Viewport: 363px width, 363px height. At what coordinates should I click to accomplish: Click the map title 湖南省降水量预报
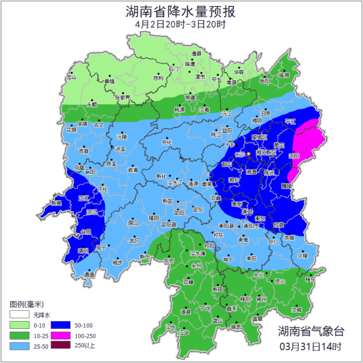[x=181, y=11]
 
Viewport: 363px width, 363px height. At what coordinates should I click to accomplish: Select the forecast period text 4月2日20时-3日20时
[x=181, y=25]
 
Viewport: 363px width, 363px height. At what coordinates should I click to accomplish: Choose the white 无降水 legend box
[x=20, y=314]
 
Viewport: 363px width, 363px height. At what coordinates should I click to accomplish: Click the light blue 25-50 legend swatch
[x=20, y=346]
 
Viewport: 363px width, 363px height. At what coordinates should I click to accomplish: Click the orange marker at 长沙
[x=249, y=154]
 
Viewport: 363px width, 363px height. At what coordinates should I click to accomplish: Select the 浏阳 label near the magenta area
[x=294, y=155]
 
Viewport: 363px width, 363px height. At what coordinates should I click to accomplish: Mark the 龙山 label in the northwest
[x=71, y=77]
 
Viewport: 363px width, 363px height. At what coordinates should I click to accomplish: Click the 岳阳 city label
[x=265, y=81]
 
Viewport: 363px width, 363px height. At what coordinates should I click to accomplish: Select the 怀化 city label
[x=103, y=189]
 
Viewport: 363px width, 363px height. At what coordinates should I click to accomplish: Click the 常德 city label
[x=190, y=97]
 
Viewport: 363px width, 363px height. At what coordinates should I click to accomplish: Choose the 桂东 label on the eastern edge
[x=309, y=279]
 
